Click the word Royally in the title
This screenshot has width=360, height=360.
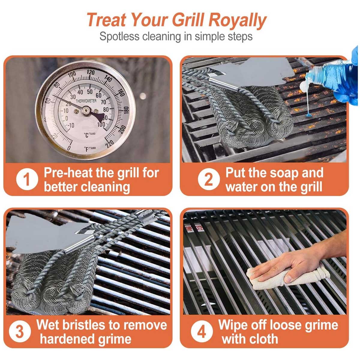[237, 20]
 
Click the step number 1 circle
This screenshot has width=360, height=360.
[27, 180]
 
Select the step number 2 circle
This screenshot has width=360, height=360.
[208, 179]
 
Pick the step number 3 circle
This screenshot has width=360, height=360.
[20, 332]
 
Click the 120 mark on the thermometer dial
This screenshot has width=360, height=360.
[91, 72]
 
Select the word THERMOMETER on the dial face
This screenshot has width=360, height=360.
[86, 101]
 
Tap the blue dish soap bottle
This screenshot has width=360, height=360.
[330, 76]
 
